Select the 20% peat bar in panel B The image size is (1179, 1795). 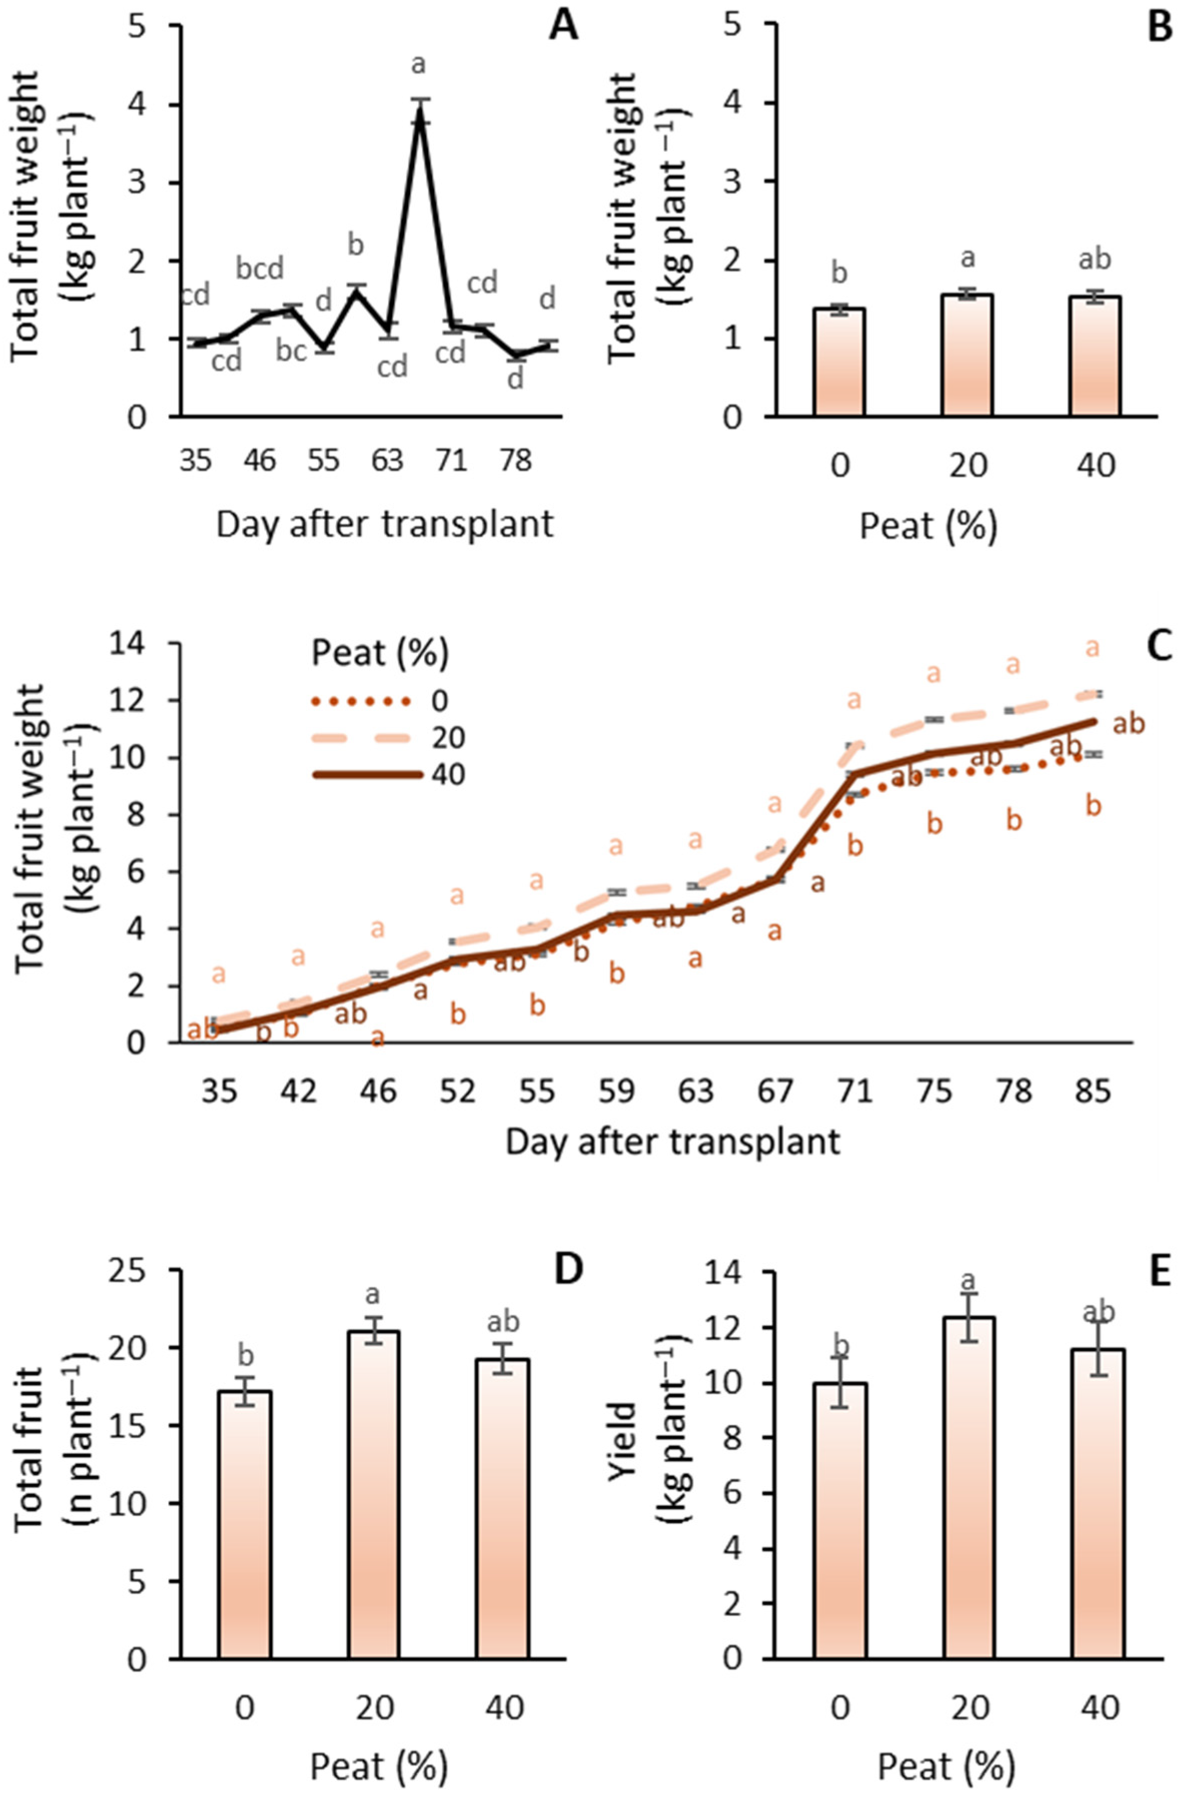[967, 355]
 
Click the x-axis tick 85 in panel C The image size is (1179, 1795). [1093, 1091]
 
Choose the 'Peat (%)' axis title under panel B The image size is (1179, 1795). [928, 525]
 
